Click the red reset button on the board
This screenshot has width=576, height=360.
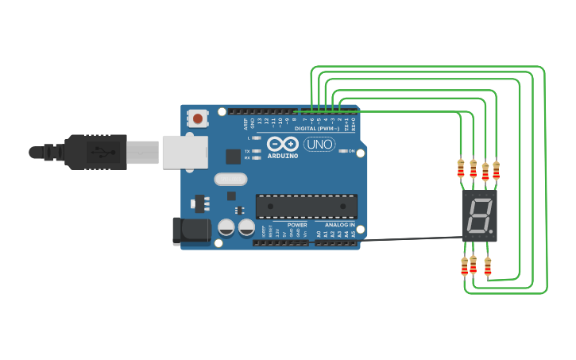click(x=197, y=118)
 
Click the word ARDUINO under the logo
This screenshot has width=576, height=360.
click(x=283, y=156)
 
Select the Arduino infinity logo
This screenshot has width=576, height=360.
click(x=283, y=144)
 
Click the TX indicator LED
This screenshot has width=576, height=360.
click(x=257, y=151)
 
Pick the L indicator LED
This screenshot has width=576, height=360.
click(x=257, y=138)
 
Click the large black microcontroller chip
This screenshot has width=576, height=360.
click(x=306, y=206)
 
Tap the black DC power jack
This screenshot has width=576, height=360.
click(x=191, y=230)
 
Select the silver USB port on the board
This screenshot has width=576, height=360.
click(x=184, y=152)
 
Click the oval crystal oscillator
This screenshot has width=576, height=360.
click(x=230, y=180)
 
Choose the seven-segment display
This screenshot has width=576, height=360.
click(x=479, y=215)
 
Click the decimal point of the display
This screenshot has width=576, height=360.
click(x=493, y=231)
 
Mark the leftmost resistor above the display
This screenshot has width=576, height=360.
click(x=461, y=168)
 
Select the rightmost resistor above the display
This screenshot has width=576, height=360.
click(x=497, y=170)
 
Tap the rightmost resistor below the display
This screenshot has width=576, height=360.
click(x=487, y=266)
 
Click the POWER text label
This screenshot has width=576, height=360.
click(x=297, y=225)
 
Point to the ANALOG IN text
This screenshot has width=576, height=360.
click(x=339, y=225)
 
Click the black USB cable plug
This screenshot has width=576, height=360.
click(x=95, y=151)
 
